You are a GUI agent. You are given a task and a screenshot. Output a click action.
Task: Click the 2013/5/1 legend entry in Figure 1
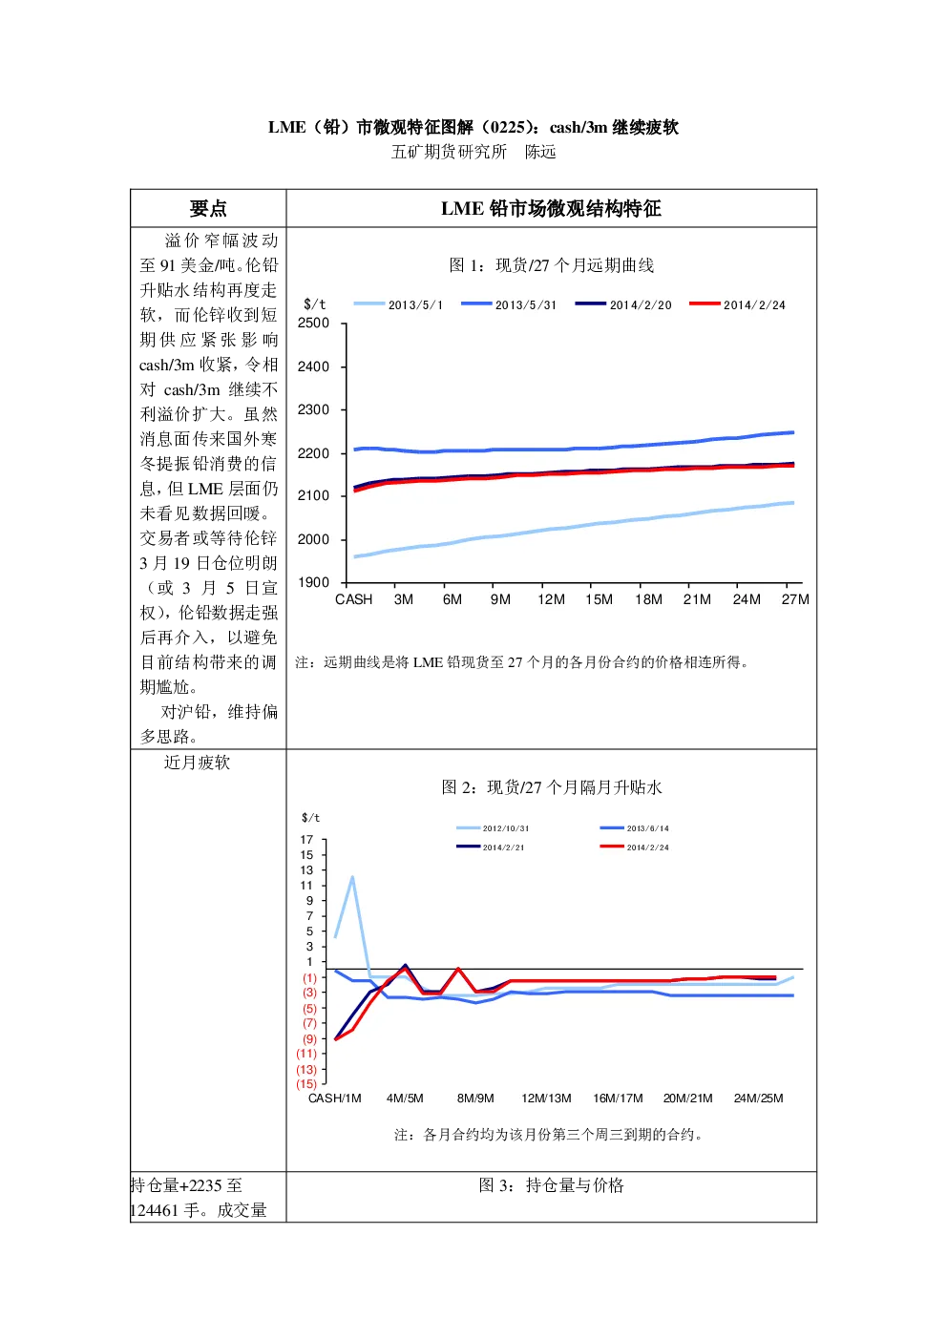398,304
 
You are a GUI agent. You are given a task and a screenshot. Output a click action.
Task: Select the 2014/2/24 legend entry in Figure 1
737,304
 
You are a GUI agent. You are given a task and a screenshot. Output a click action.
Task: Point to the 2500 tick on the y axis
313,324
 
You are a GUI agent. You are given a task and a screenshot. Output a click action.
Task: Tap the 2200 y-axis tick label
313,453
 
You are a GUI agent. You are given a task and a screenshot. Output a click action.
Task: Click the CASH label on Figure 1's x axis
353,599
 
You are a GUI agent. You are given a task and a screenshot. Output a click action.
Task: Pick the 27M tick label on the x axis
795,599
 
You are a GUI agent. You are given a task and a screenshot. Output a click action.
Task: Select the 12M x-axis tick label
551,599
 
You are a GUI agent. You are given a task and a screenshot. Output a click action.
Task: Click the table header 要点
208,209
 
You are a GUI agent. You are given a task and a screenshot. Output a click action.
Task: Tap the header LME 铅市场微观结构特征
551,209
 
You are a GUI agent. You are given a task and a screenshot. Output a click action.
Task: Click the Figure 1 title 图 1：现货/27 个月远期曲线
551,265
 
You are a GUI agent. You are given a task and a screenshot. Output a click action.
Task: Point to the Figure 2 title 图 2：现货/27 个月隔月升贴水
551,787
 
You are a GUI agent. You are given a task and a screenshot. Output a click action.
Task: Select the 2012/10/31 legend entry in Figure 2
493,828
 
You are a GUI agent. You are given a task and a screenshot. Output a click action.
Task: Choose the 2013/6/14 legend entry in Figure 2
634,828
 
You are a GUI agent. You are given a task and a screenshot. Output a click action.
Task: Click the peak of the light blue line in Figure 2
352,877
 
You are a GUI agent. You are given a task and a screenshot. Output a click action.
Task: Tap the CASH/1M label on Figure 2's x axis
335,1098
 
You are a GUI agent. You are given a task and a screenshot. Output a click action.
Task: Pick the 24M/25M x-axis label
758,1098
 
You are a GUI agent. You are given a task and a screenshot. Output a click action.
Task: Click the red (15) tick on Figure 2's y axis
306,1084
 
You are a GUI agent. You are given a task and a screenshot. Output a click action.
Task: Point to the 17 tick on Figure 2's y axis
306,840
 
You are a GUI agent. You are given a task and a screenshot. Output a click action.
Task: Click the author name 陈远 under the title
540,153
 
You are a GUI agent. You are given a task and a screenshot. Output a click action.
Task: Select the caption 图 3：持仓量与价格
551,1185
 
